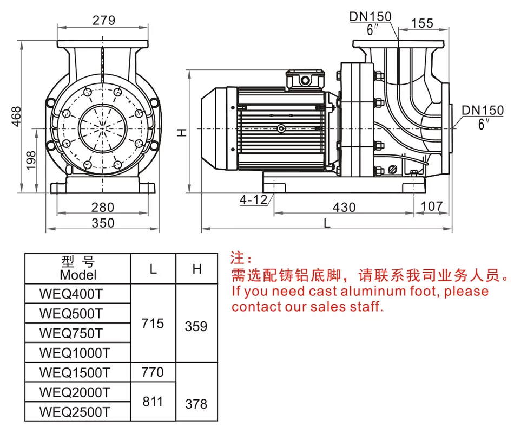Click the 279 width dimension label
point(103,21)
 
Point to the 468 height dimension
point(16,117)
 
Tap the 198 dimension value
point(31,160)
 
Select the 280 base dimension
point(103,207)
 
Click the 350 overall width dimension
point(103,223)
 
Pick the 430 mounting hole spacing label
point(344,207)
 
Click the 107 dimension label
point(431,206)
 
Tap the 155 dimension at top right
point(422,23)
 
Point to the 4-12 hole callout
point(254,199)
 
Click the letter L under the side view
point(327,223)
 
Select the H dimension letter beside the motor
point(183,132)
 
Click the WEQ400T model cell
point(70,294)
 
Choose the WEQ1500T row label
point(75,372)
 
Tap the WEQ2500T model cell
point(75,411)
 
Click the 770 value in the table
point(153,372)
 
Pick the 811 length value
point(153,402)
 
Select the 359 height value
point(196,326)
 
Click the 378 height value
point(196,404)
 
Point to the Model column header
point(78,275)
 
